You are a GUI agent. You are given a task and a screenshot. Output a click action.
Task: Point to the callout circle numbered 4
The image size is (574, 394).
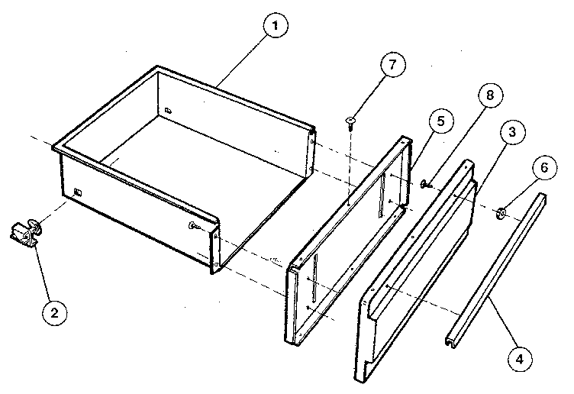[518, 357]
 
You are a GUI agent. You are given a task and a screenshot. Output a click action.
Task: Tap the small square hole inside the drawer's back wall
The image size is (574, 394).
[166, 111]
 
